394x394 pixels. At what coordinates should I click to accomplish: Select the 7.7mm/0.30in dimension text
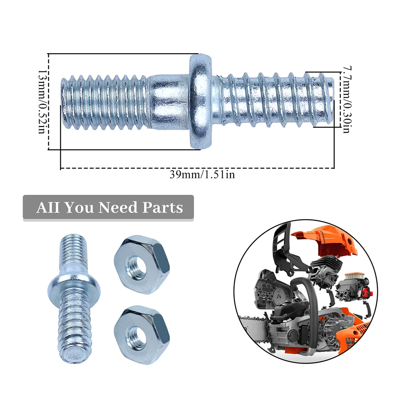[x=346, y=99]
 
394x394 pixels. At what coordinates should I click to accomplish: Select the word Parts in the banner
[x=163, y=207]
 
